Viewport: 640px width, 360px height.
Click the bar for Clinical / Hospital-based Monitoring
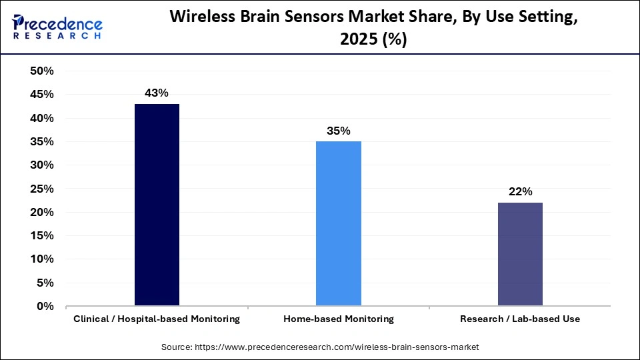(157, 205)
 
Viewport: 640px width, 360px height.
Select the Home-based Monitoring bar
(339, 224)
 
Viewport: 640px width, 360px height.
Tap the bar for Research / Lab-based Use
(520, 255)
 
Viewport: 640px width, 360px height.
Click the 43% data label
(157, 93)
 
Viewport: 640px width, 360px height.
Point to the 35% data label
(339, 131)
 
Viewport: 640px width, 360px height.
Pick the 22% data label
(520, 192)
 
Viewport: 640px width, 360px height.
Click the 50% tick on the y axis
(42, 71)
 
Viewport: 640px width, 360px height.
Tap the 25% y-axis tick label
(42, 189)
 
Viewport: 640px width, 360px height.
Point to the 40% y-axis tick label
(42, 118)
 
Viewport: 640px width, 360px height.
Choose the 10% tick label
(42, 259)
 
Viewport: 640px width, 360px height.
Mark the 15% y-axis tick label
(42, 236)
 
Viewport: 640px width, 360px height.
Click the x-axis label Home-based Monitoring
(339, 319)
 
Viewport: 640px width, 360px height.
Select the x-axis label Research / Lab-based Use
(520, 319)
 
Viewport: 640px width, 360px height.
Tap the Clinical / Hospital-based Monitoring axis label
(157, 319)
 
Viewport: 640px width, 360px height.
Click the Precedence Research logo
(57, 27)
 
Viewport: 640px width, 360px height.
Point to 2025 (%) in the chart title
(373, 40)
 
